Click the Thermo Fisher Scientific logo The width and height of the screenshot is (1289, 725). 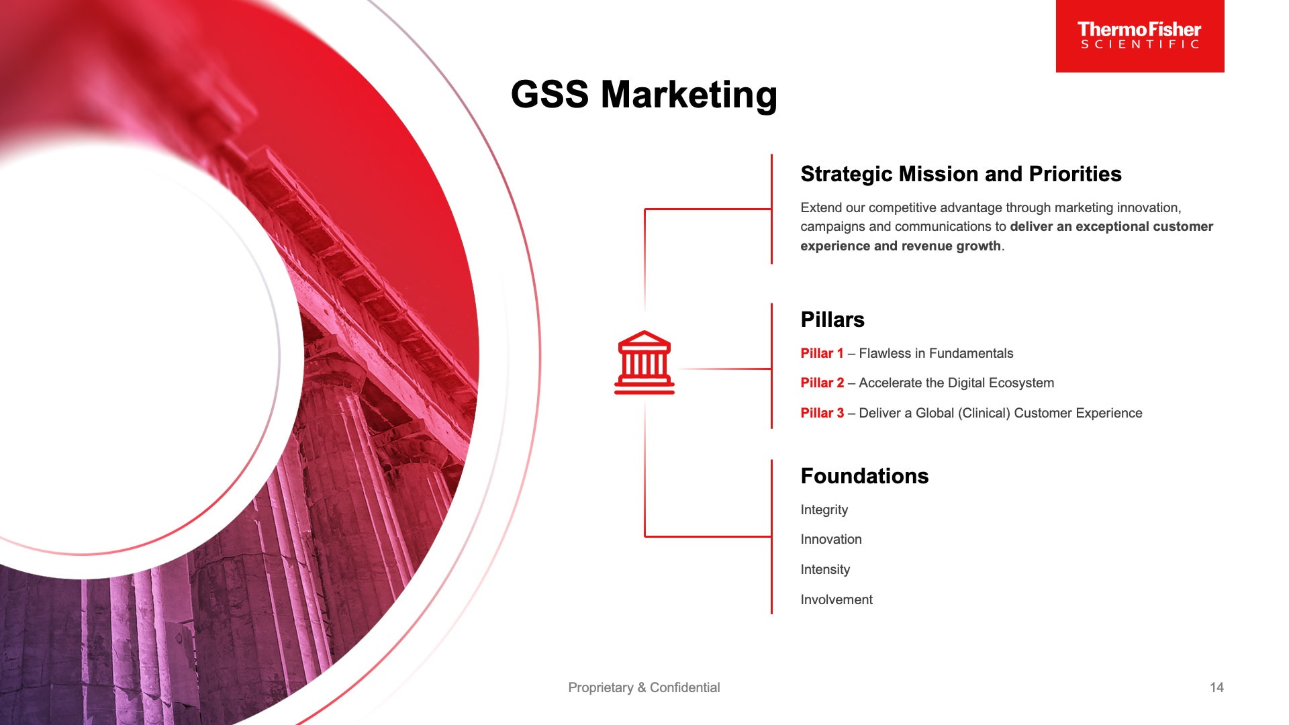(1140, 36)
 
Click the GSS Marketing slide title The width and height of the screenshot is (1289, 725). (644, 95)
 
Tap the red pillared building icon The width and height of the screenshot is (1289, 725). (644, 362)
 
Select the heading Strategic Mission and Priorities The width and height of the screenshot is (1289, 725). (961, 175)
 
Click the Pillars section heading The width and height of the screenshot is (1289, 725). (832, 320)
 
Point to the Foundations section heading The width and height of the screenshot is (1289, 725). (865, 476)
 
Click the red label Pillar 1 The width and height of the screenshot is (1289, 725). (822, 353)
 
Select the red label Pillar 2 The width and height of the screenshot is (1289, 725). (822, 383)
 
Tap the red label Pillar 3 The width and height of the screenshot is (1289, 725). (822, 413)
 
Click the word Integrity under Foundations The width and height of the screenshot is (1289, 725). (824, 510)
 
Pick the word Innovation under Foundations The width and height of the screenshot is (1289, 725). (831, 539)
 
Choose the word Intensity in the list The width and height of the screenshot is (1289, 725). (825, 570)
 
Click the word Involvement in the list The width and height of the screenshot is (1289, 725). (837, 599)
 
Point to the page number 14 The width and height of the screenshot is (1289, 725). (1216, 687)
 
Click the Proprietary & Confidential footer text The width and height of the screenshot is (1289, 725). (644, 687)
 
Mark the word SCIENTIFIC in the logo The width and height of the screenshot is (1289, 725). (1140, 44)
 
